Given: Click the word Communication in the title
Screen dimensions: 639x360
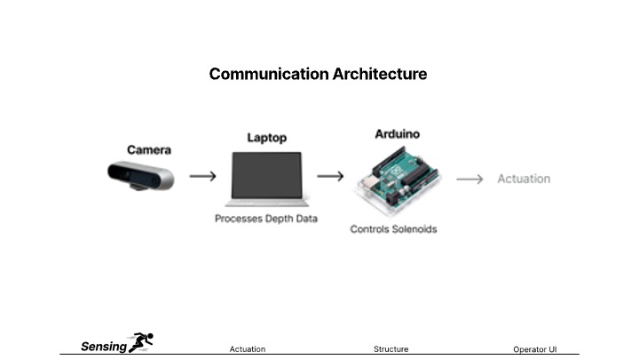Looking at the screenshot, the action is (x=269, y=74).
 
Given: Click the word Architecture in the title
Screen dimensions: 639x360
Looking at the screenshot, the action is (x=380, y=74).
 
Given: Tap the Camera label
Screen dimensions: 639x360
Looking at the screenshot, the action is (x=149, y=150).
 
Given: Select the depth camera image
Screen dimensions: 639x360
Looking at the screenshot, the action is (x=140, y=176).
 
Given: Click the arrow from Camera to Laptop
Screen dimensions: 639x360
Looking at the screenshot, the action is (x=202, y=176).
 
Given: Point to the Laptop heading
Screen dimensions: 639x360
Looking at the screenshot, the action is (x=266, y=138).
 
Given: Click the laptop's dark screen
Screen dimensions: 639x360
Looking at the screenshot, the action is (x=266, y=175).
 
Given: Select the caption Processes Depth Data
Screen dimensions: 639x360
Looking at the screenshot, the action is (x=265, y=219).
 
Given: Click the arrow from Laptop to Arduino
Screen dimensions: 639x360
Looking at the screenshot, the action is (x=330, y=176).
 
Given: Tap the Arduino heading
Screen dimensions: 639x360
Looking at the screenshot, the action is (x=397, y=134).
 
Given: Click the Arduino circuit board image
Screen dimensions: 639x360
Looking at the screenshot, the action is (x=398, y=180).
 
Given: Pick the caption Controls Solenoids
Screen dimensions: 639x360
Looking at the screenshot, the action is (x=393, y=229).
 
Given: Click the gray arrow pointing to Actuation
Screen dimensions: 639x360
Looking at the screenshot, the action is (x=469, y=179).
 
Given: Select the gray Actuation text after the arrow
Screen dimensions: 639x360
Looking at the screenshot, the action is (x=524, y=179).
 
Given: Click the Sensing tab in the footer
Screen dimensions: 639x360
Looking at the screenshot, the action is (x=104, y=347).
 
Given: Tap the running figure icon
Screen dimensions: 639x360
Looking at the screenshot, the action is (x=140, y=342).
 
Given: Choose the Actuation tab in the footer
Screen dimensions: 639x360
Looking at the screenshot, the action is (x=247, y=349).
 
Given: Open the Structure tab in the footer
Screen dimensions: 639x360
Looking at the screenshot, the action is (x=390, y=349).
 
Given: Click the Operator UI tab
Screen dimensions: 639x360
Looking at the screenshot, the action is (x=534, y=349).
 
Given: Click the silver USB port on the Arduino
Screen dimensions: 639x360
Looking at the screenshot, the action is (x=368, y=182).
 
